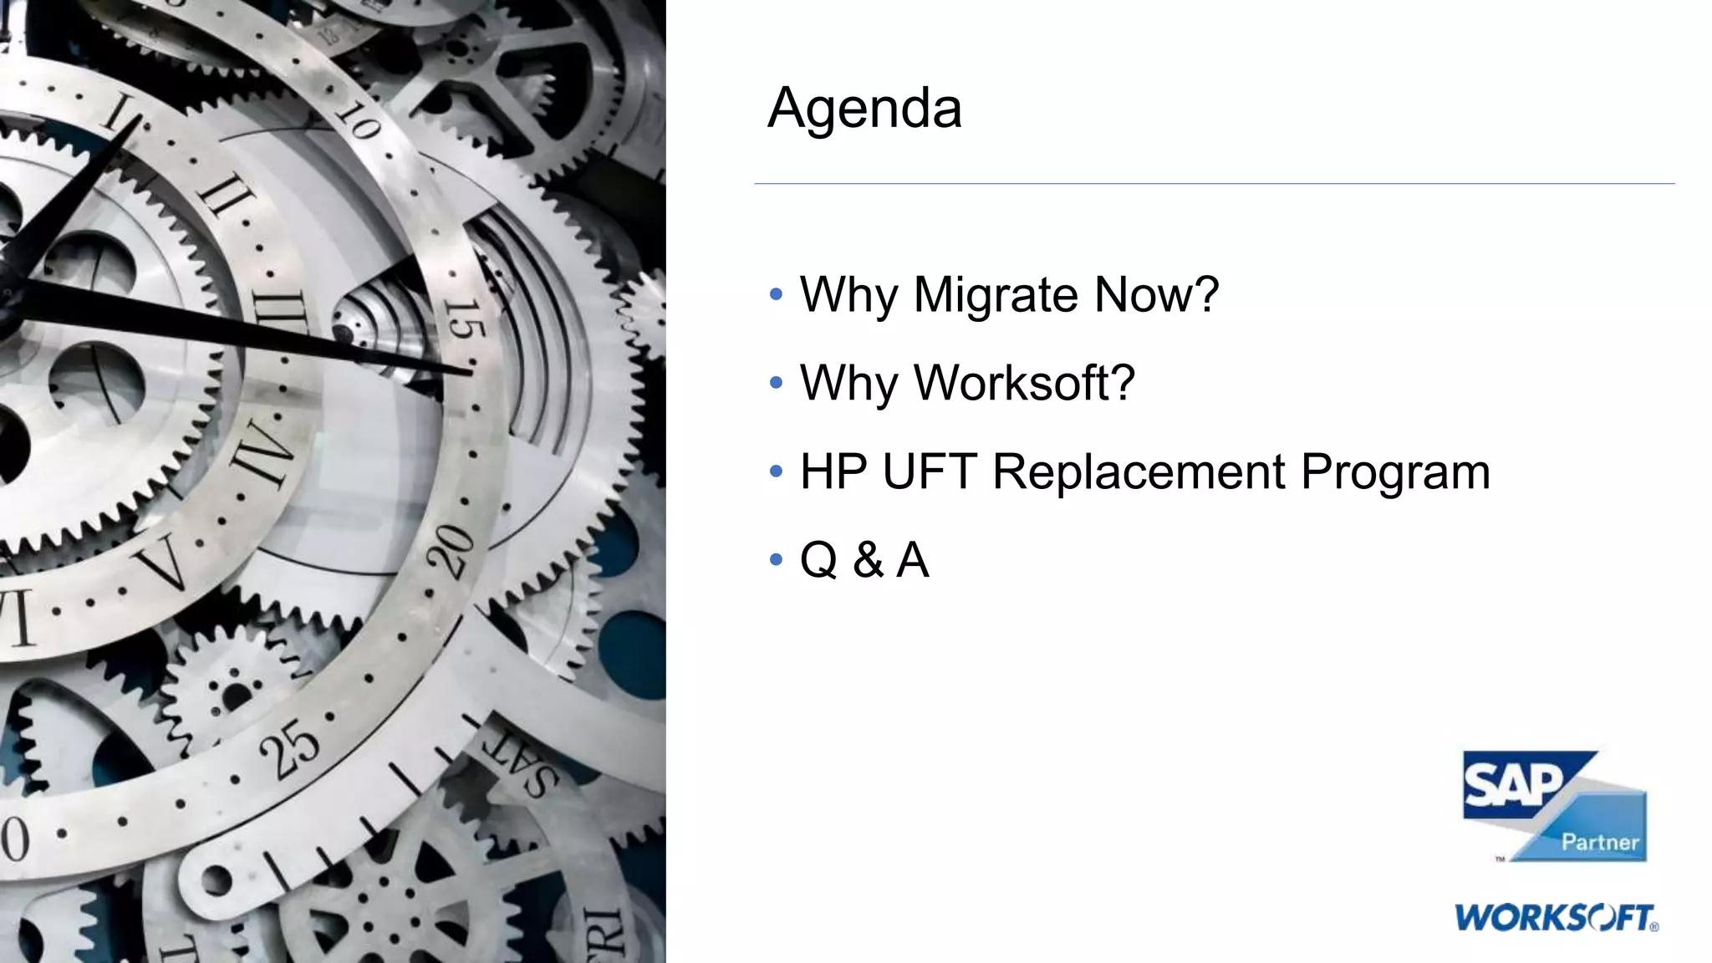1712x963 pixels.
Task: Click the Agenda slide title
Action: pos(864,109)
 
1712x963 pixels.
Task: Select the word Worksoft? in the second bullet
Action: pos(1024,383)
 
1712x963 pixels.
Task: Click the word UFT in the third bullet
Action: pos(930,471)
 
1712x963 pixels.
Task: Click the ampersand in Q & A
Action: pos(868,560)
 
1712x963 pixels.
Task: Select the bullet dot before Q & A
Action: pos(776,559)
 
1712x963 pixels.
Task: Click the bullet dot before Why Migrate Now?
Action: pos(776,294)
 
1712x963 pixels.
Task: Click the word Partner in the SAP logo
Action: pos(1600,842)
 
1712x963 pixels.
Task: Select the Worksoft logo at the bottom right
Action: pos(1557,918)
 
